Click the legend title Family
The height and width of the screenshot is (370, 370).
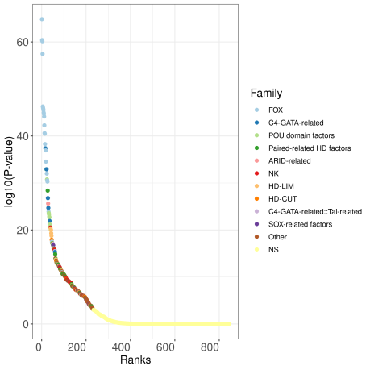point(266,93)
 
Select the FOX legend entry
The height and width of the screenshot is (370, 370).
point(275,110)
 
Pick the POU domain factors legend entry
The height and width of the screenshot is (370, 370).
point(301,135)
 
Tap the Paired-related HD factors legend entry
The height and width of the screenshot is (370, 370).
point(310,148)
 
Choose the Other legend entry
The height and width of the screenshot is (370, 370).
point(279,238)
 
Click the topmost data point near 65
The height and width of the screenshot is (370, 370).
point(42,19)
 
